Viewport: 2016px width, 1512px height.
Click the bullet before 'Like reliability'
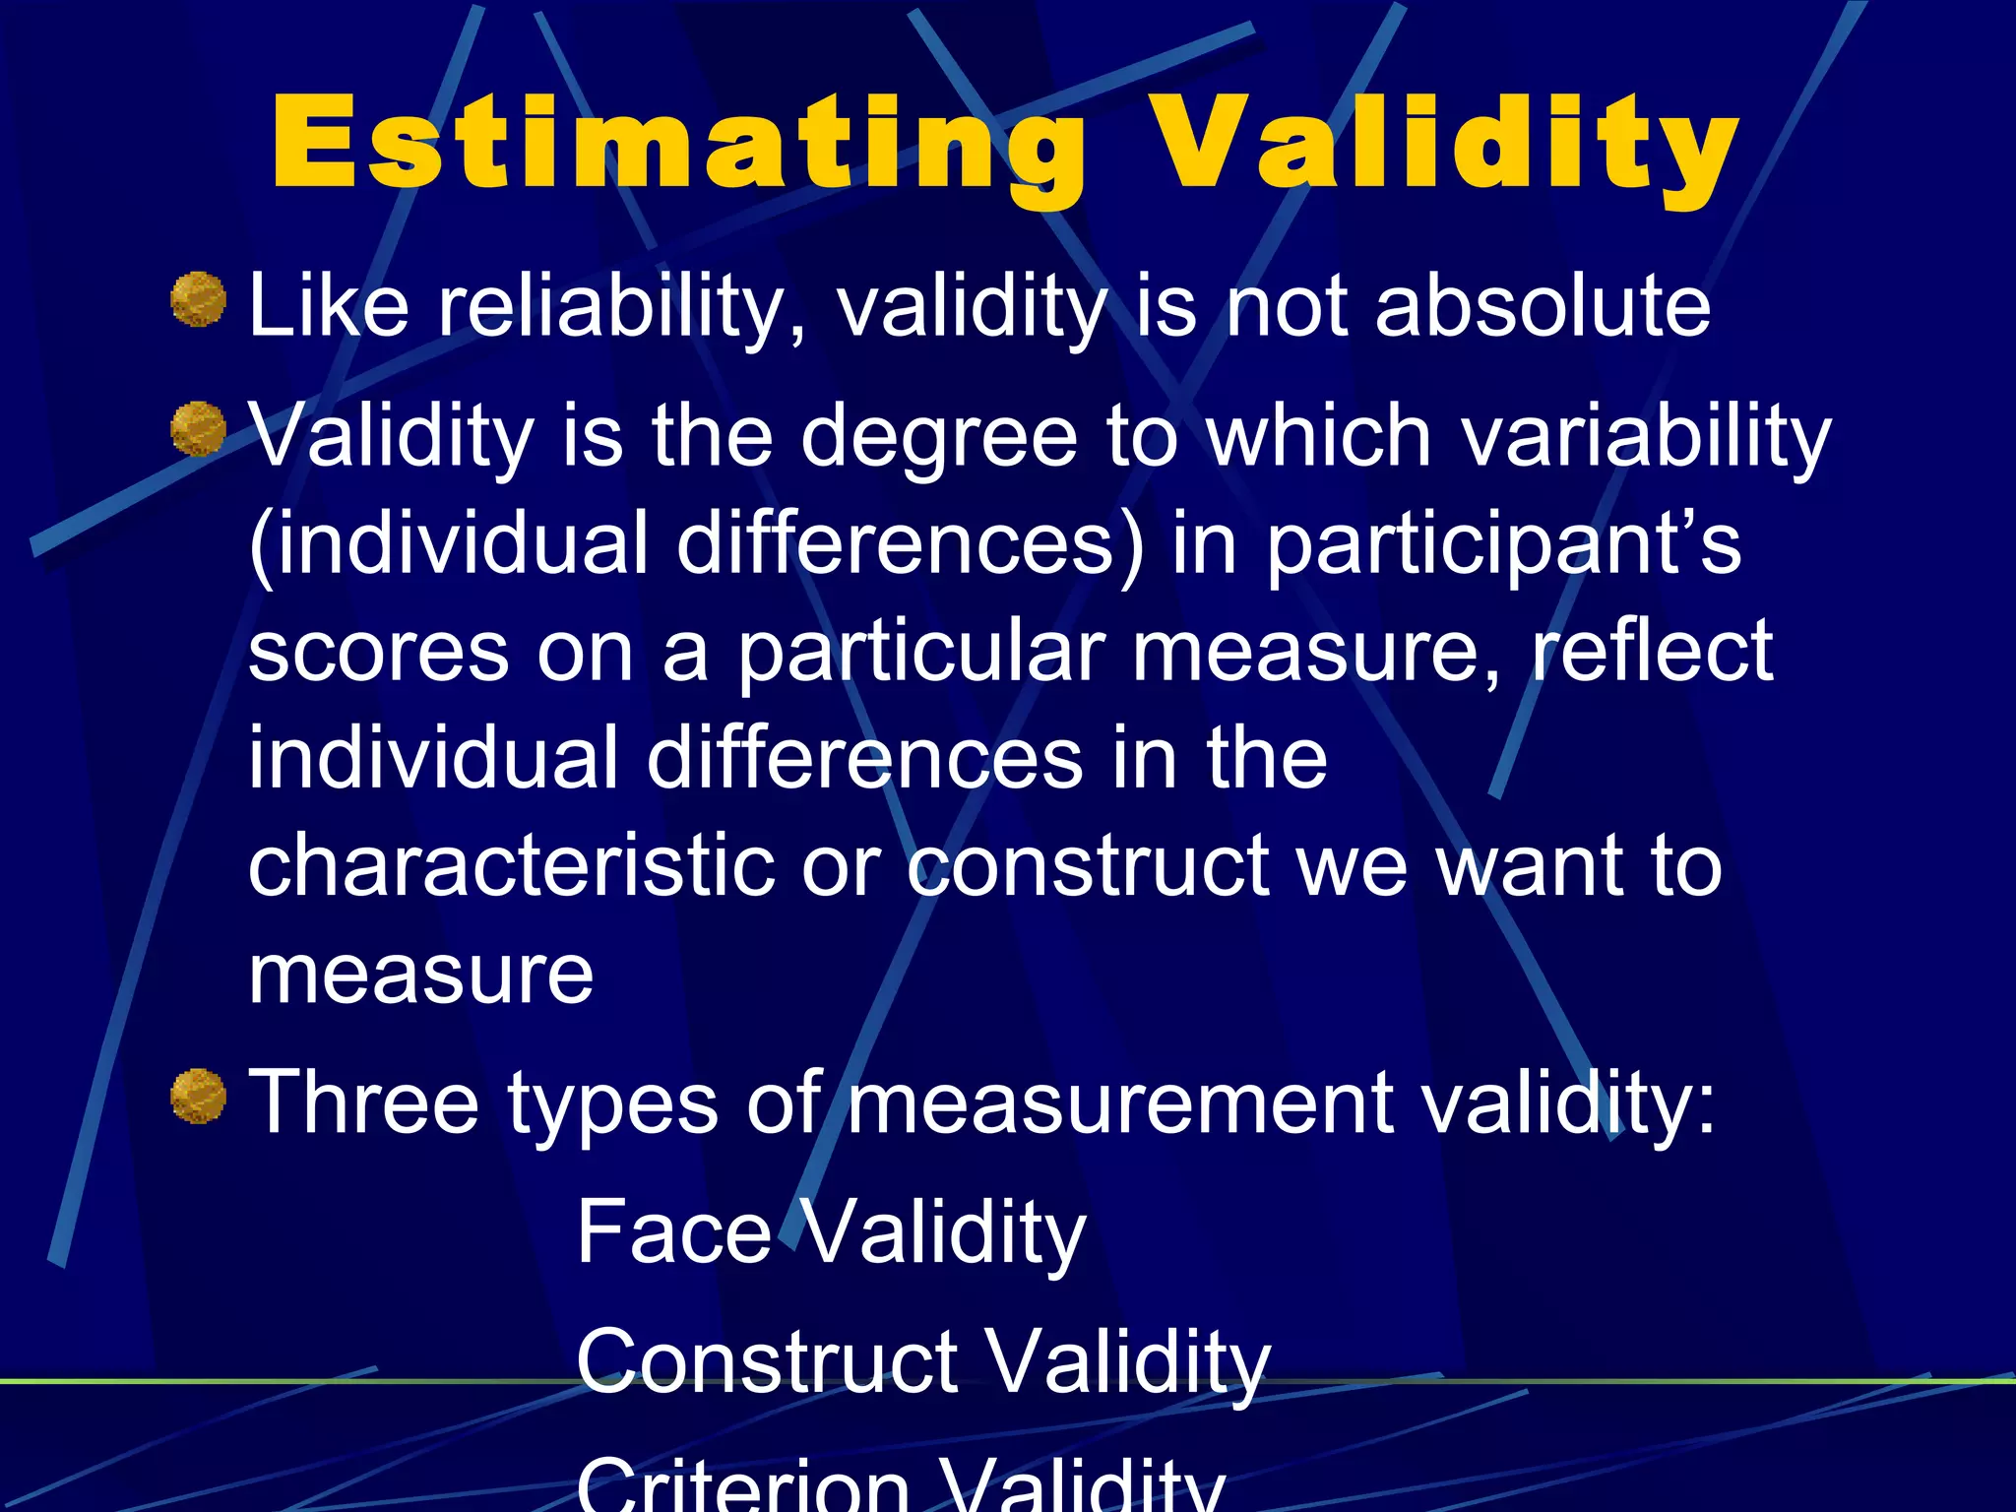pos(199,299)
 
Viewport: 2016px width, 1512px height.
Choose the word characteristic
pos(511,866)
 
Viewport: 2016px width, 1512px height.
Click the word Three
pos(363,1102)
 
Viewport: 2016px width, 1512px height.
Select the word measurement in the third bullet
pos(1121,1102)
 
